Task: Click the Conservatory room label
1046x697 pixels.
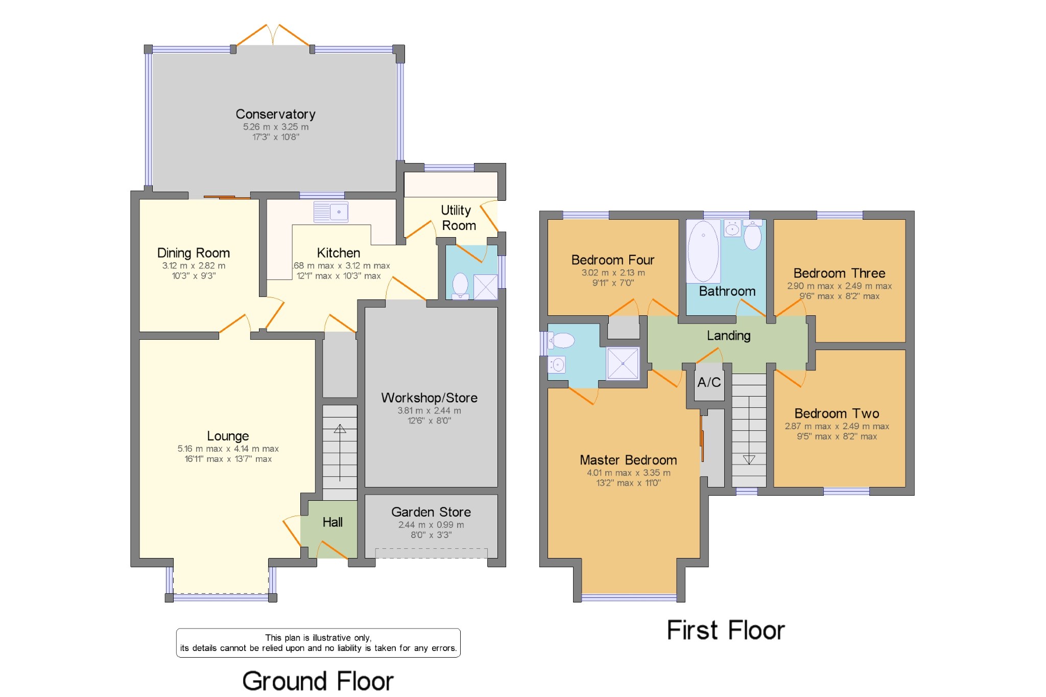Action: click(275, 114)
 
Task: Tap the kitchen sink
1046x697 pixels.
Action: click(331, 212)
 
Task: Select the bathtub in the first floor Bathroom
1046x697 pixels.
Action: click(703, 251)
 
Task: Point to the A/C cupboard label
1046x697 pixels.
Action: click(709, 382)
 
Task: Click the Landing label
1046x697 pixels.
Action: click(728, 336)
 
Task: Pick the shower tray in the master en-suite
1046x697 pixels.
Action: click(623, 363)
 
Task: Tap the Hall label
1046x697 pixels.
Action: click(332, 522)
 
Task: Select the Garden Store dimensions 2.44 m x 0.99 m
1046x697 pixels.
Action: click(431, 525)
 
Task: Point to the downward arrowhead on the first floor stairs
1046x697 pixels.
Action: click(749, 459)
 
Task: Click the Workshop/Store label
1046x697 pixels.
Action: click(429, 398)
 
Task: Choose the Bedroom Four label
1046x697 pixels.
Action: click(613, 260)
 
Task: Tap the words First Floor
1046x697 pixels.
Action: click(725, 630)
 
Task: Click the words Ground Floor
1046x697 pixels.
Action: click(318, 681)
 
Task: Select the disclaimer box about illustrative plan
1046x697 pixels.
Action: click(318, 643)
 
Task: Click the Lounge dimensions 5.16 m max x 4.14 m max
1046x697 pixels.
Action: click(228, 449)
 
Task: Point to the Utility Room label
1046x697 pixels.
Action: click(458, 218)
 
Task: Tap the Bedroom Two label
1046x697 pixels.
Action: click(837, 413)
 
